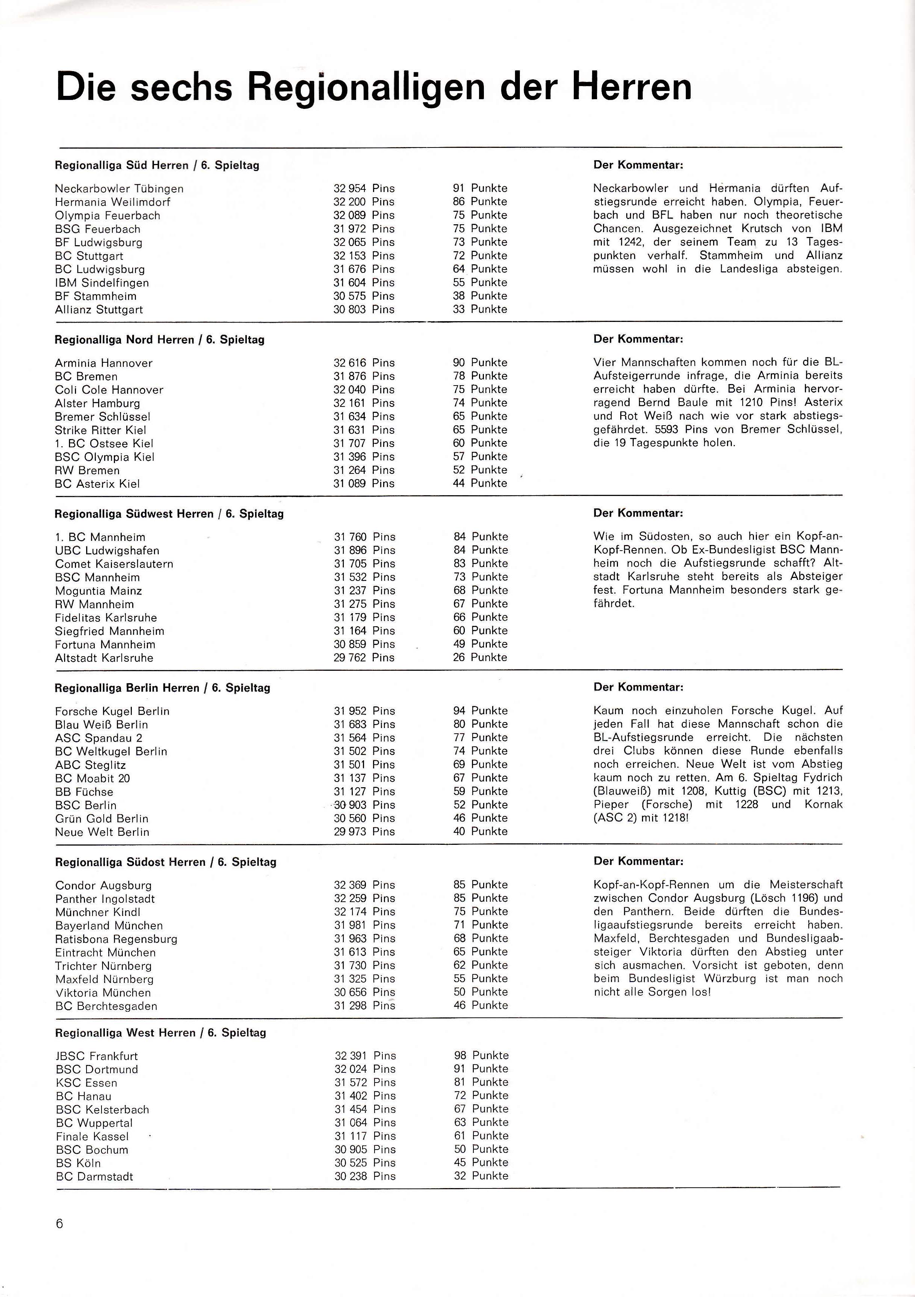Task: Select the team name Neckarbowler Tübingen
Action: (x=119, y=189)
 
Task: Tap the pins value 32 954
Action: (x=349, y=189)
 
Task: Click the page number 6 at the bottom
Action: (x=59, y=1224)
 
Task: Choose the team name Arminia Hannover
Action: (x=103, y=363)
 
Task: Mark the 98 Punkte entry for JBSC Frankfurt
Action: (x=481, y=1055)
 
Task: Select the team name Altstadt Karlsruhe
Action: (x=104, y=658)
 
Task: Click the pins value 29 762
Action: (x=350, y=658)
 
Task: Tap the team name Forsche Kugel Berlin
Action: (x=112, y=711)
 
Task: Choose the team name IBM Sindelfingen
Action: (x=102, y=283)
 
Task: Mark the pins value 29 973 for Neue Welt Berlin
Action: (x=350, y=831)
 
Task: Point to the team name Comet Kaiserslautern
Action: (x=114, y=564)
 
